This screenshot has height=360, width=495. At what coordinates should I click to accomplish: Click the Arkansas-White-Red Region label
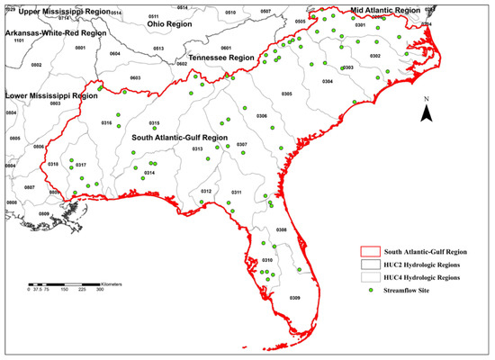[x=55, y=32]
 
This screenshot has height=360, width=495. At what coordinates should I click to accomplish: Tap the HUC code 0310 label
[x=267, y=259]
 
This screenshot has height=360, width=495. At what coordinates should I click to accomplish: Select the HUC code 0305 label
[x=287, y=94]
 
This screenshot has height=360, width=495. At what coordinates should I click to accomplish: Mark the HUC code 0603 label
[x=136, y=78]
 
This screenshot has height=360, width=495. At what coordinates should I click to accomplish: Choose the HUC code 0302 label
[x=375, y=57]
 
